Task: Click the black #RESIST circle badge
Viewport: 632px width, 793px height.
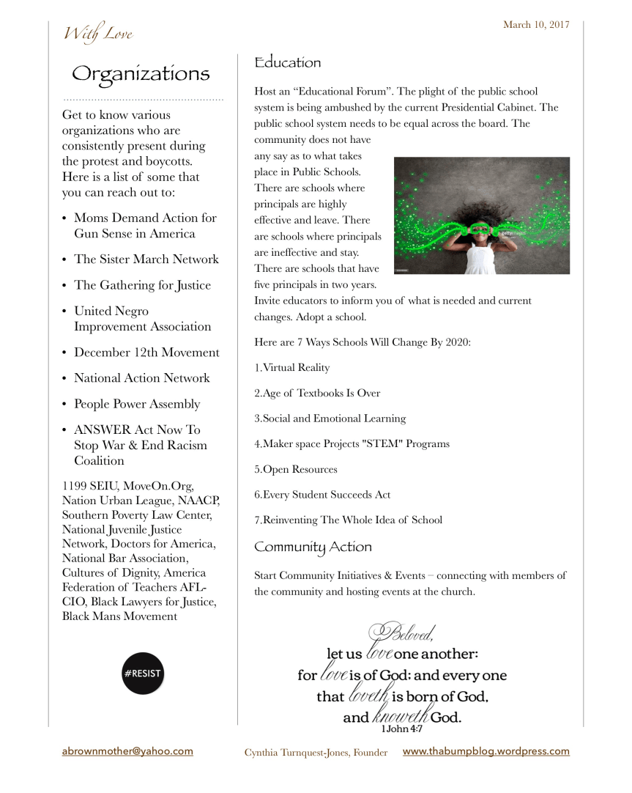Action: (x=143, y=673)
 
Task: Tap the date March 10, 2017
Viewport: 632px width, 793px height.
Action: (x=536, y=25)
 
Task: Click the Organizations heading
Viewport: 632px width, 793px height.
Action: (x=141, y=74)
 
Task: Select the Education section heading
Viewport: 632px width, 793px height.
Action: (x=287, y=63)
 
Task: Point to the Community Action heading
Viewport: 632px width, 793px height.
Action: (x=313, y=547)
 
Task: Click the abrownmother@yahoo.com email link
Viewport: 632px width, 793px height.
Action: (x=127, y=751)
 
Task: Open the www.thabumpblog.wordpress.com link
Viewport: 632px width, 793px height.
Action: (x=486, y=751)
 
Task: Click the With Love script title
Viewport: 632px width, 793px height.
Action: (x=97, y=34)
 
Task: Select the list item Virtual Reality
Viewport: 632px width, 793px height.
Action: (x=292, y=368)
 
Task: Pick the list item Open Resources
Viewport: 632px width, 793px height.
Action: (x=295, y=470)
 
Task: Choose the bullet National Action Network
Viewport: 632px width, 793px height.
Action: (x=141, y=378)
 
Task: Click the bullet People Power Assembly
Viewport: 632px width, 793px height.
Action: (x=137, y=404)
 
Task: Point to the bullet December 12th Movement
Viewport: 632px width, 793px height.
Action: (x=146, y=353)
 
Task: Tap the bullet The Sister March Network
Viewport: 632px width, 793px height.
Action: (x=146, y=259)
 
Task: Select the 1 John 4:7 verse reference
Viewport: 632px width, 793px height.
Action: (x=401, y=730)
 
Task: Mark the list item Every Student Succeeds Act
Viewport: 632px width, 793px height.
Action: (x=322, y=495)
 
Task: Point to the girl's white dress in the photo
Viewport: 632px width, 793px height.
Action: (x=480, y=259)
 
